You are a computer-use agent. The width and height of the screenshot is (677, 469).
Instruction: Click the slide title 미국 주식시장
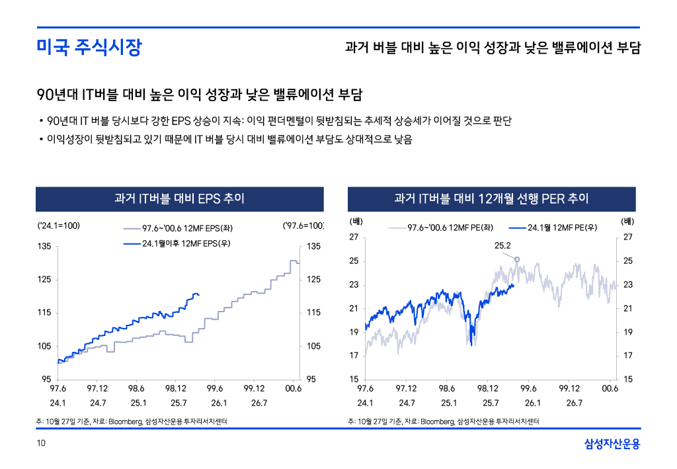tap(89, 48)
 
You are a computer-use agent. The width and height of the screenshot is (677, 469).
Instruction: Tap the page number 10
tap(41, 444)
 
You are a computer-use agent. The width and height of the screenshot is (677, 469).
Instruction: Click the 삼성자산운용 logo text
tap(612, 444)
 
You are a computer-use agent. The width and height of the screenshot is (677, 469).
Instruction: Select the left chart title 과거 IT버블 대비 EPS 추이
tap(179, 198)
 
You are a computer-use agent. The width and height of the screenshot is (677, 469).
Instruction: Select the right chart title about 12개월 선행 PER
tap(491, 198)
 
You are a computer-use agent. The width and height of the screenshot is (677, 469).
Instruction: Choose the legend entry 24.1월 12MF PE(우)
tap(562, 228)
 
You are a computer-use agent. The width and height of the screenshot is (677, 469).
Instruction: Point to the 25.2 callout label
tap(503, 245)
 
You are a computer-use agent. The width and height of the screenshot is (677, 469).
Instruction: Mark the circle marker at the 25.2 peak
tap(517, 259)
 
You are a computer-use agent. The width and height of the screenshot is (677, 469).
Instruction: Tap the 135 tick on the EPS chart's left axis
tap(45, 247)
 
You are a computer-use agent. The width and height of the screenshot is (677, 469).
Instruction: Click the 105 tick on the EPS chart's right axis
tap(313, 346)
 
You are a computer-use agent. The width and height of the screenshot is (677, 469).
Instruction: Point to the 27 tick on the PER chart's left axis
tap(354, 237)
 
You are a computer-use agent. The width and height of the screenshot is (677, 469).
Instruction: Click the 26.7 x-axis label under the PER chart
tap(574, 403)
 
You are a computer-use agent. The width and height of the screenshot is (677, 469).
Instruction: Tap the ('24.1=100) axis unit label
tap(59, 226)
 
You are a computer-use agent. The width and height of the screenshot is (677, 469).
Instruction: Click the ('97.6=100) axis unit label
tap(303, 226)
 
